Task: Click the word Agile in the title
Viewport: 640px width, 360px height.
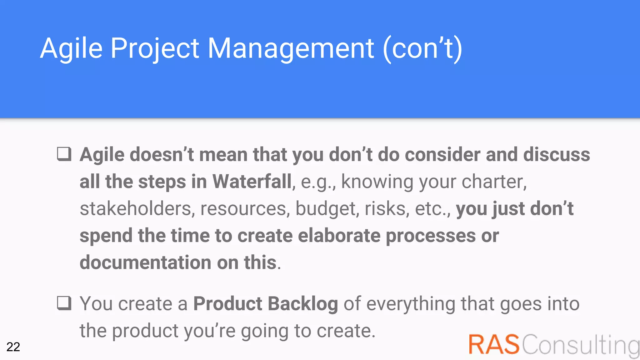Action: (x=71, y=48)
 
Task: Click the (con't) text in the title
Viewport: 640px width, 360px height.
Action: (x=422, y=48)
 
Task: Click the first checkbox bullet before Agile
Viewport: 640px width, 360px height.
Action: (x=64, y=154)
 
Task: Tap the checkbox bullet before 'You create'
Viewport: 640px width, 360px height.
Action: (x=64, y=303)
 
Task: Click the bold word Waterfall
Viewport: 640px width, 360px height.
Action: (x=252, y=182)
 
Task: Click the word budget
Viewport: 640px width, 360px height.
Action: (x=327, y=209)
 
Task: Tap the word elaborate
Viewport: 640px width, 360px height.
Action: (x=339, y=236)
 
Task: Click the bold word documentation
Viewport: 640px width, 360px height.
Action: (x=145, y=262)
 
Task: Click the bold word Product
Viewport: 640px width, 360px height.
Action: (x=227, y=304)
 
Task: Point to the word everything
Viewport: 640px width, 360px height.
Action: (x=411, y=304)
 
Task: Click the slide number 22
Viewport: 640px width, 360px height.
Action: (x=13, y=347)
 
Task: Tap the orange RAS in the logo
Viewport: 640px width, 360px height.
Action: (x=494, y=344)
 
